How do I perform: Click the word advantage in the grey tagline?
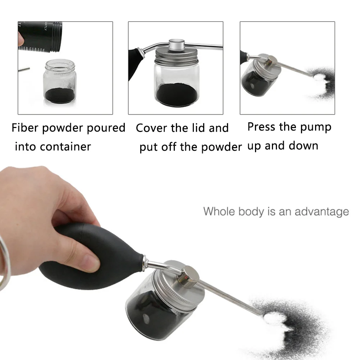(x=322, y=211)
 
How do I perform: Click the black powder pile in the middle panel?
(x=178, y=94)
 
